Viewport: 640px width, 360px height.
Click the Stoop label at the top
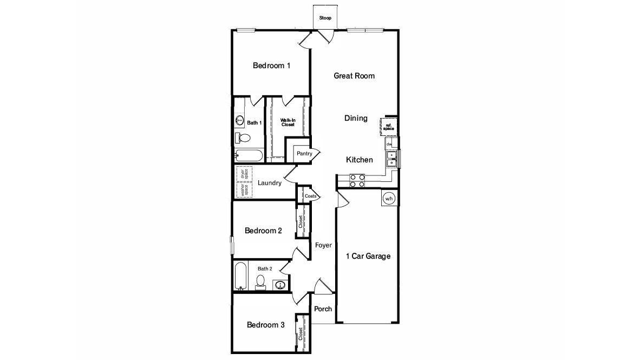pyautogui.click(x=325, y=18)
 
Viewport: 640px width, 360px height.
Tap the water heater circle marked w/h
pyautogui.click(x=389, y=199)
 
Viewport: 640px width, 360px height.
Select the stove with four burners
pyautogui.click(x=356, y=180)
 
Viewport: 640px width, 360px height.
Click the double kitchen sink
pyautogui.click(x=391, y=158)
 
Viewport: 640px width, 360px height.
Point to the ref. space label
pyautogui.click(x=389, y=127)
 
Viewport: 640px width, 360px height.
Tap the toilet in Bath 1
pyautogui.click(x=243, y=139)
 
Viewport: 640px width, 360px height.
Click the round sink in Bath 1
pyautogui.click(x=239, y=120)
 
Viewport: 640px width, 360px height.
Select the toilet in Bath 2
pyautogui.click(x=260, y=282)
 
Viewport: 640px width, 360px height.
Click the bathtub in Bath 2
pyautogui.click(x=241, y=276)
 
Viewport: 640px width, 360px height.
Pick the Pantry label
pyautogui.click(x=304, y=154)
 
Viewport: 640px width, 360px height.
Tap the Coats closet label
pyautogui.click(x=310, y=196)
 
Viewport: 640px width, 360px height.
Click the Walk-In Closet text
pyautogui.click(x=288, y=122)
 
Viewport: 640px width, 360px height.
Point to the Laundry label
pyautogui.click(x=269, y=183)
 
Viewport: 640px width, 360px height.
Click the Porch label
pyautogui.click(x=323, y=309)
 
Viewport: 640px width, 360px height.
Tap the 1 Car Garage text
pyautogui.click(x=368, y=256)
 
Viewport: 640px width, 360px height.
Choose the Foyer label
pyautogui.click(x=323, y=245)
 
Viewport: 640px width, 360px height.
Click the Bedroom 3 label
pyautogui.click(x=265, y=325)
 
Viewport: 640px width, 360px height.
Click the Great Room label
pyautogui.click(x=354, y=76)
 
